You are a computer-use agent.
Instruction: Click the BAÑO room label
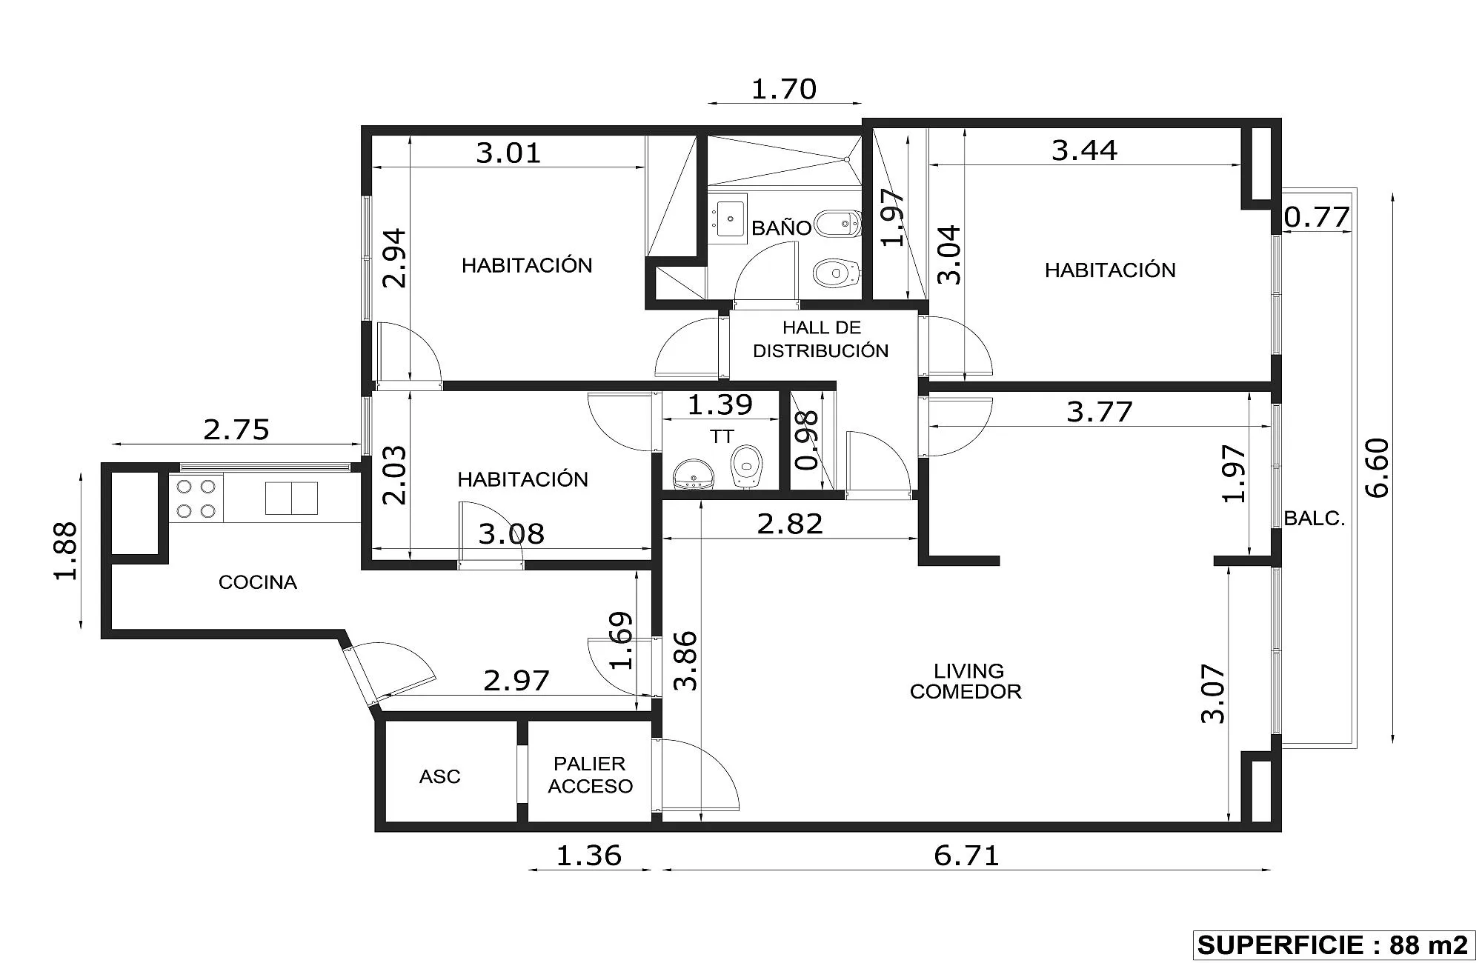(781, 227)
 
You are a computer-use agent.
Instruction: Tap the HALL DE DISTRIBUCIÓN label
(821, 339)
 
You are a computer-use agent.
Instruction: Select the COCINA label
(258, 582)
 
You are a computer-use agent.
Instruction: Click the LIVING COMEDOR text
(966, 682)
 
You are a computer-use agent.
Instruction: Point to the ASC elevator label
(440, 776)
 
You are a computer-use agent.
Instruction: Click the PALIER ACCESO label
(591, 775)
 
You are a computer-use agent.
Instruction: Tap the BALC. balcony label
(1315, 519)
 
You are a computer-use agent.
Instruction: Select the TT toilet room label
(722, 437)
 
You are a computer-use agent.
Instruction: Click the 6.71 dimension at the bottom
(966, 856)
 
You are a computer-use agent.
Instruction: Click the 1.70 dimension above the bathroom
(784, 89)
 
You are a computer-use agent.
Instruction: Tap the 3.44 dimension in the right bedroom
(1085, 150)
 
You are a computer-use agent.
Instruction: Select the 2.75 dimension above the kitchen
(236, 430)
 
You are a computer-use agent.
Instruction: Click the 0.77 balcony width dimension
(1317, 217)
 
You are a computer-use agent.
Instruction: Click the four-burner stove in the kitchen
(196, 499)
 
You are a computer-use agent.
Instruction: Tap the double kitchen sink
(291, 498)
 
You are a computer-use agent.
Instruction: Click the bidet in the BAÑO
(838, 223)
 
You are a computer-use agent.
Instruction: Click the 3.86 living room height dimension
(687, 661)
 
